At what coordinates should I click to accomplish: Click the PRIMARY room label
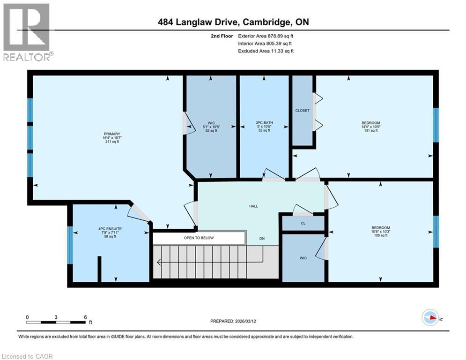[112, 134]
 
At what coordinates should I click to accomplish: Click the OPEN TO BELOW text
[199, 238]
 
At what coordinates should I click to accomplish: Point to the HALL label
[253, 206]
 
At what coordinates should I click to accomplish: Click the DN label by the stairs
[263, 238]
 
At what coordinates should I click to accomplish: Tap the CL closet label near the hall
[303, 224]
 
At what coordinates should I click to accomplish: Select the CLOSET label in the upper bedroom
[303, 111]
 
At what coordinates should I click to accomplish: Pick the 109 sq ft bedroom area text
[380, 236]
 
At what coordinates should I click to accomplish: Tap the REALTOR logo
[27, 32]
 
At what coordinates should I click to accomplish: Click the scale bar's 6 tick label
[85, 317]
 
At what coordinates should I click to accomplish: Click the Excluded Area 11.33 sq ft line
[266, 51]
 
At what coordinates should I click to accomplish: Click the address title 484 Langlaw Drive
[233, 22]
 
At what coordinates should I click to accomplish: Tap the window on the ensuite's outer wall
[70, 245]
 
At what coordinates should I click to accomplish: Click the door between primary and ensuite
[140, 213]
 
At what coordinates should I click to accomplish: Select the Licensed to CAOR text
[28, 356]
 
